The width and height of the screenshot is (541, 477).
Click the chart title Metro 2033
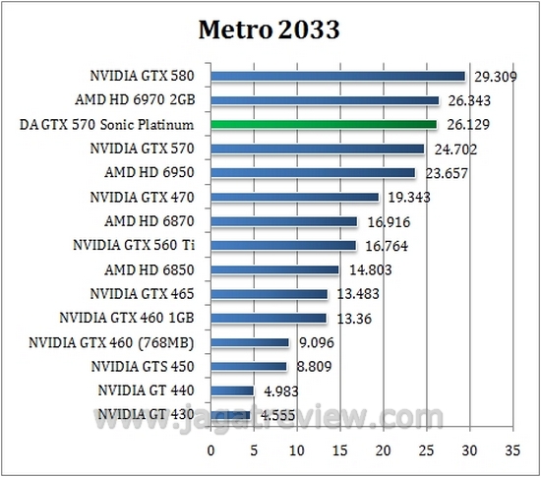pyautogui.click(x=270, y=30)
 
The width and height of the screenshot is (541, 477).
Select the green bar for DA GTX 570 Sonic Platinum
pyautogui.click(x=324, y=124)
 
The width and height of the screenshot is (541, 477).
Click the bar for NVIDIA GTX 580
pyautogui.click(x=337, y=76)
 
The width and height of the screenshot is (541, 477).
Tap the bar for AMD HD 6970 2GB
pyautogui.click(x=325, y=100)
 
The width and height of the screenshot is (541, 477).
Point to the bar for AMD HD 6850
pyautogui.click(x=274, y=269)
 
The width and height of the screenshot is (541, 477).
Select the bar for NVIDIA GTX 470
pyautogui.click(x=294, y=197)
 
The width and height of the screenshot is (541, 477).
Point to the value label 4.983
pyautogui.click(x=280, y=390)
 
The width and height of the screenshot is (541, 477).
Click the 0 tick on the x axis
pyautogui.click(x=210, y=451)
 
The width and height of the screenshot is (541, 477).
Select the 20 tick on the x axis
pyautogui.click(x=382, y=451)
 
